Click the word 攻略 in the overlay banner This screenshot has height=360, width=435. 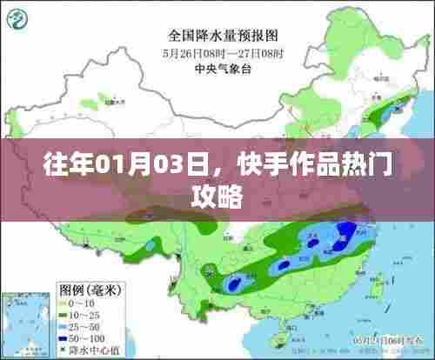(x=217, y=196)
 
